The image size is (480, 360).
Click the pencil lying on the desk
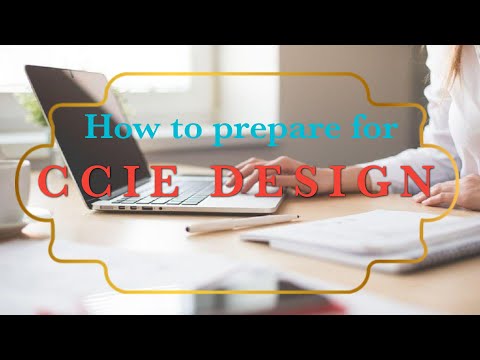tap(241, 224)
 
